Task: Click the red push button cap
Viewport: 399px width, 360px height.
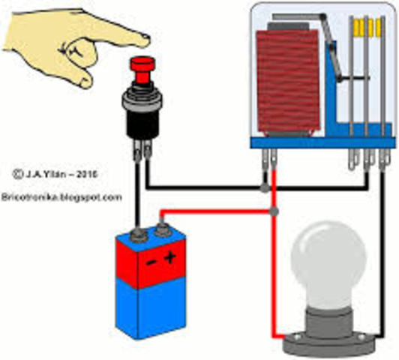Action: coord(139,66)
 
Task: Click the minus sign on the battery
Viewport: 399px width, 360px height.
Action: coord(151,262)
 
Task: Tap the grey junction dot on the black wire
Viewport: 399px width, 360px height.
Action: coord(264,185)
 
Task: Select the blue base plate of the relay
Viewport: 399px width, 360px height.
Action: coord(322,142)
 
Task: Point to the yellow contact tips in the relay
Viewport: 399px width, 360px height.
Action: coord(368,28)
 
